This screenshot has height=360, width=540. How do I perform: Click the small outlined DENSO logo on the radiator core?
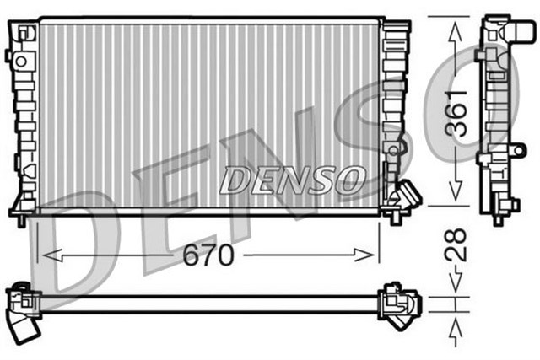click(292, 179)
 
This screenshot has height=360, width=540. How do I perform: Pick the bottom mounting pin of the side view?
click(498, 218)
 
